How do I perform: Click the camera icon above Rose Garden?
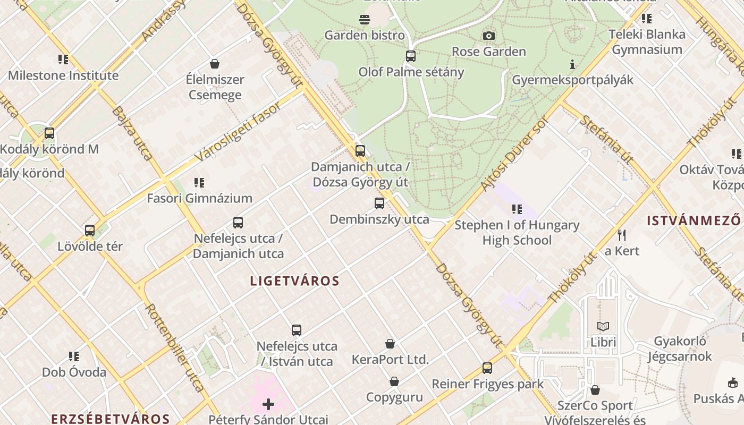pos(488,36)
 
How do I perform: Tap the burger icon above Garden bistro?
pos(365,20)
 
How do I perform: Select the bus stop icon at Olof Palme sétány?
pos(410,56)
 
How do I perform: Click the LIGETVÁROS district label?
pos(294,281)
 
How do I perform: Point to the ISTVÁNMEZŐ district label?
pos(694,220)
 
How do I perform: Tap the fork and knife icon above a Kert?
pos(622,235)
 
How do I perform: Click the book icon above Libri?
pos(603,326)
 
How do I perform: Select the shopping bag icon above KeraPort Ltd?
pos(390,344)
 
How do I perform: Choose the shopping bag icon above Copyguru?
pos(394,381)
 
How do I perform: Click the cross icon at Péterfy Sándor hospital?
pos(268,404)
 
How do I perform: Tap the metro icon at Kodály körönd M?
pos(49,133)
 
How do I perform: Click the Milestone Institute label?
pos(63,75)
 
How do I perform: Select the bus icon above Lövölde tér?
pos(90,231)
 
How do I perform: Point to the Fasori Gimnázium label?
pos(199,199)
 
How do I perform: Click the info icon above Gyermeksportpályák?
pos(572,65)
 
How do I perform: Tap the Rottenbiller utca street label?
pos(174,348)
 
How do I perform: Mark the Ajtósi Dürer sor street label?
pos(513,154)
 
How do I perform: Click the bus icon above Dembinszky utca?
pos(379,203)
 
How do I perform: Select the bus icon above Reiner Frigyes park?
pos(487,368)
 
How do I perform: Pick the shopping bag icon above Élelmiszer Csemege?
pos(215,64)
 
